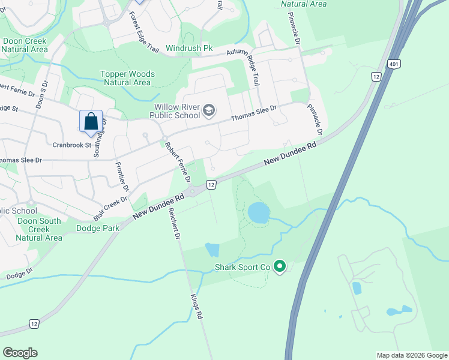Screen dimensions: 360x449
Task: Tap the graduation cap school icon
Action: click(x=209, y=110)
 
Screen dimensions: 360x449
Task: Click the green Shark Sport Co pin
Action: click(x=279, y=267)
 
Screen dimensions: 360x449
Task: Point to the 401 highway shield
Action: click(x=394, y=64)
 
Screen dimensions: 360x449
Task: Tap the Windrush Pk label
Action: click(x=190, y=47)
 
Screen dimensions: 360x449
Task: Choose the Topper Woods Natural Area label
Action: click(x=127, y=79)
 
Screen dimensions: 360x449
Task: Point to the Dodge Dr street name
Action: click(x=20, y=274)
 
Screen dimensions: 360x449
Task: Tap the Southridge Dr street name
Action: click(x=100, y=137)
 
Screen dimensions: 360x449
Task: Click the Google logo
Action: click(x=20, y=353)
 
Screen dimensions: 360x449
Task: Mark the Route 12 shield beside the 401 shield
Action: click(x=376, y=76)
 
